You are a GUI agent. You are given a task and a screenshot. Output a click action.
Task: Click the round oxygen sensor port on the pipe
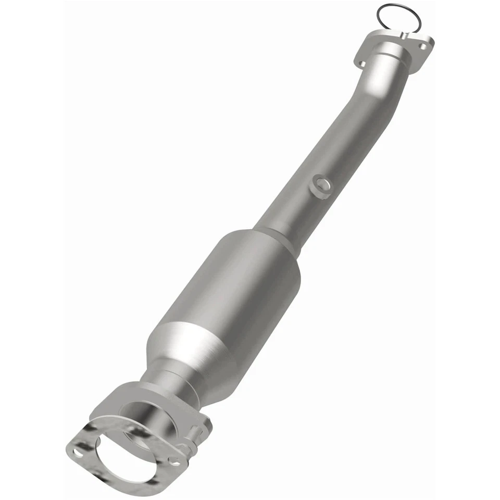(321, 186)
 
